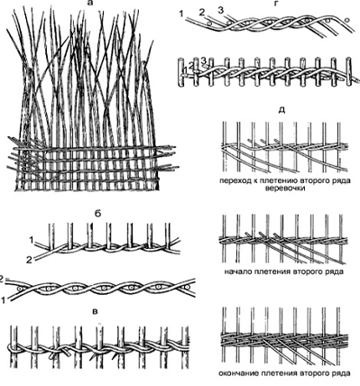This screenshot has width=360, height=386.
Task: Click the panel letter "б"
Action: (x=98, y=214)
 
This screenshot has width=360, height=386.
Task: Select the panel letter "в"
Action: (x=96, y=312)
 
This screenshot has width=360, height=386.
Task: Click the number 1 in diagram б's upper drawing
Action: (x=31, y=240)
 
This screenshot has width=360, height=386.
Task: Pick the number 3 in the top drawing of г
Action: (x=221, y=11)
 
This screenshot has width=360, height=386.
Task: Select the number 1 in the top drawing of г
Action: (x=180, y=14)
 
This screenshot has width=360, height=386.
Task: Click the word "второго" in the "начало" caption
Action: (x=310, y=272)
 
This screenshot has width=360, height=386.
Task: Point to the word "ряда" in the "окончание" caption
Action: (x=341, y=373)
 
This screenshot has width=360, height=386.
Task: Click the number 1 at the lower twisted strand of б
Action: (x=3, y=299)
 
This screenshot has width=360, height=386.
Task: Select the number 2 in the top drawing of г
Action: (x=202, y=13)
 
